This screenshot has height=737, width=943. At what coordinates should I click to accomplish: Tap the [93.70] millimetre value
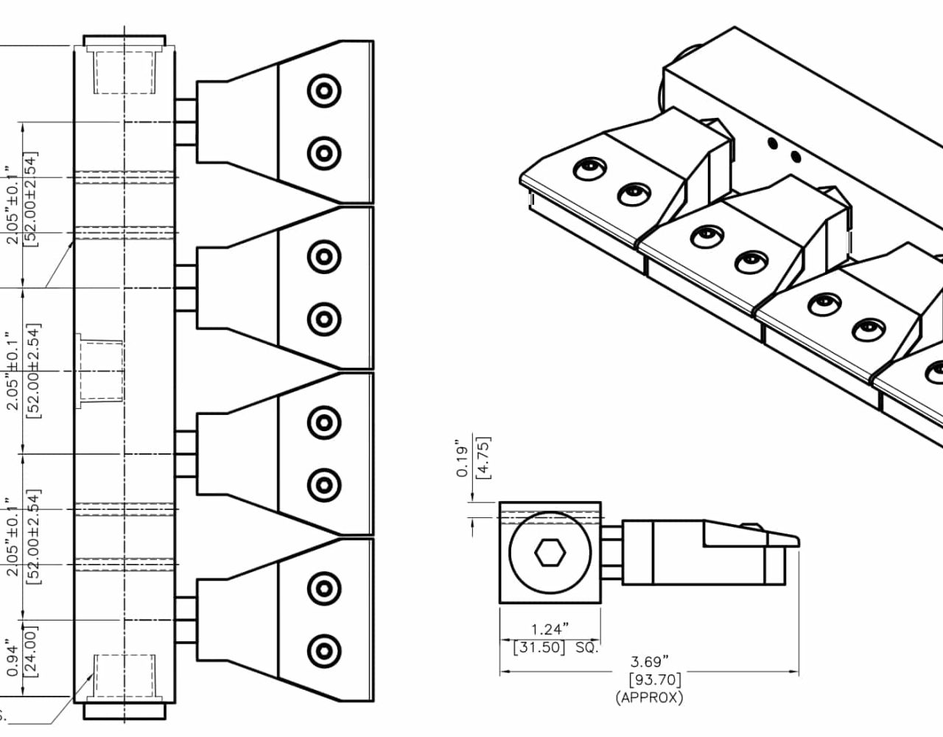654,680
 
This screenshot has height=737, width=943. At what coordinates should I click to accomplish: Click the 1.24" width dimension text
550,629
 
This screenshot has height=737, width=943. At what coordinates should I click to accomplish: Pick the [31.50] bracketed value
539,647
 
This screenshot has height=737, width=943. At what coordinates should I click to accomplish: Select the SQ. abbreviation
586,647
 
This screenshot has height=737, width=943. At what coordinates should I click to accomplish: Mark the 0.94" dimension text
13,658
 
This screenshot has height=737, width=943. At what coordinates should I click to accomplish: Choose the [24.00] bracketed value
30,651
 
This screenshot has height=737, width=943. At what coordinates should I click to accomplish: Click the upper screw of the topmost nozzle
324,91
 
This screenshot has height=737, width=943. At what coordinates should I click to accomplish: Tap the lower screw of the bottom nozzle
324,651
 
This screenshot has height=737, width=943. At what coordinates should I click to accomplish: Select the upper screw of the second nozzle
324,256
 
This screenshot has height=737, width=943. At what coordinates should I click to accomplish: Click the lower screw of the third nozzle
324,485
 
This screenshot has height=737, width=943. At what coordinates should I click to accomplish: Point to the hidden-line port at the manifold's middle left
101,371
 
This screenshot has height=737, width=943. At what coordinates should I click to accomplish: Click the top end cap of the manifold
124,40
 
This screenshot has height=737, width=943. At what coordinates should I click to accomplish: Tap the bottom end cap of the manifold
124,712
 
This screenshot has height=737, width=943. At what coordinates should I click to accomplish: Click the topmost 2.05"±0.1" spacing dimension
13,204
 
